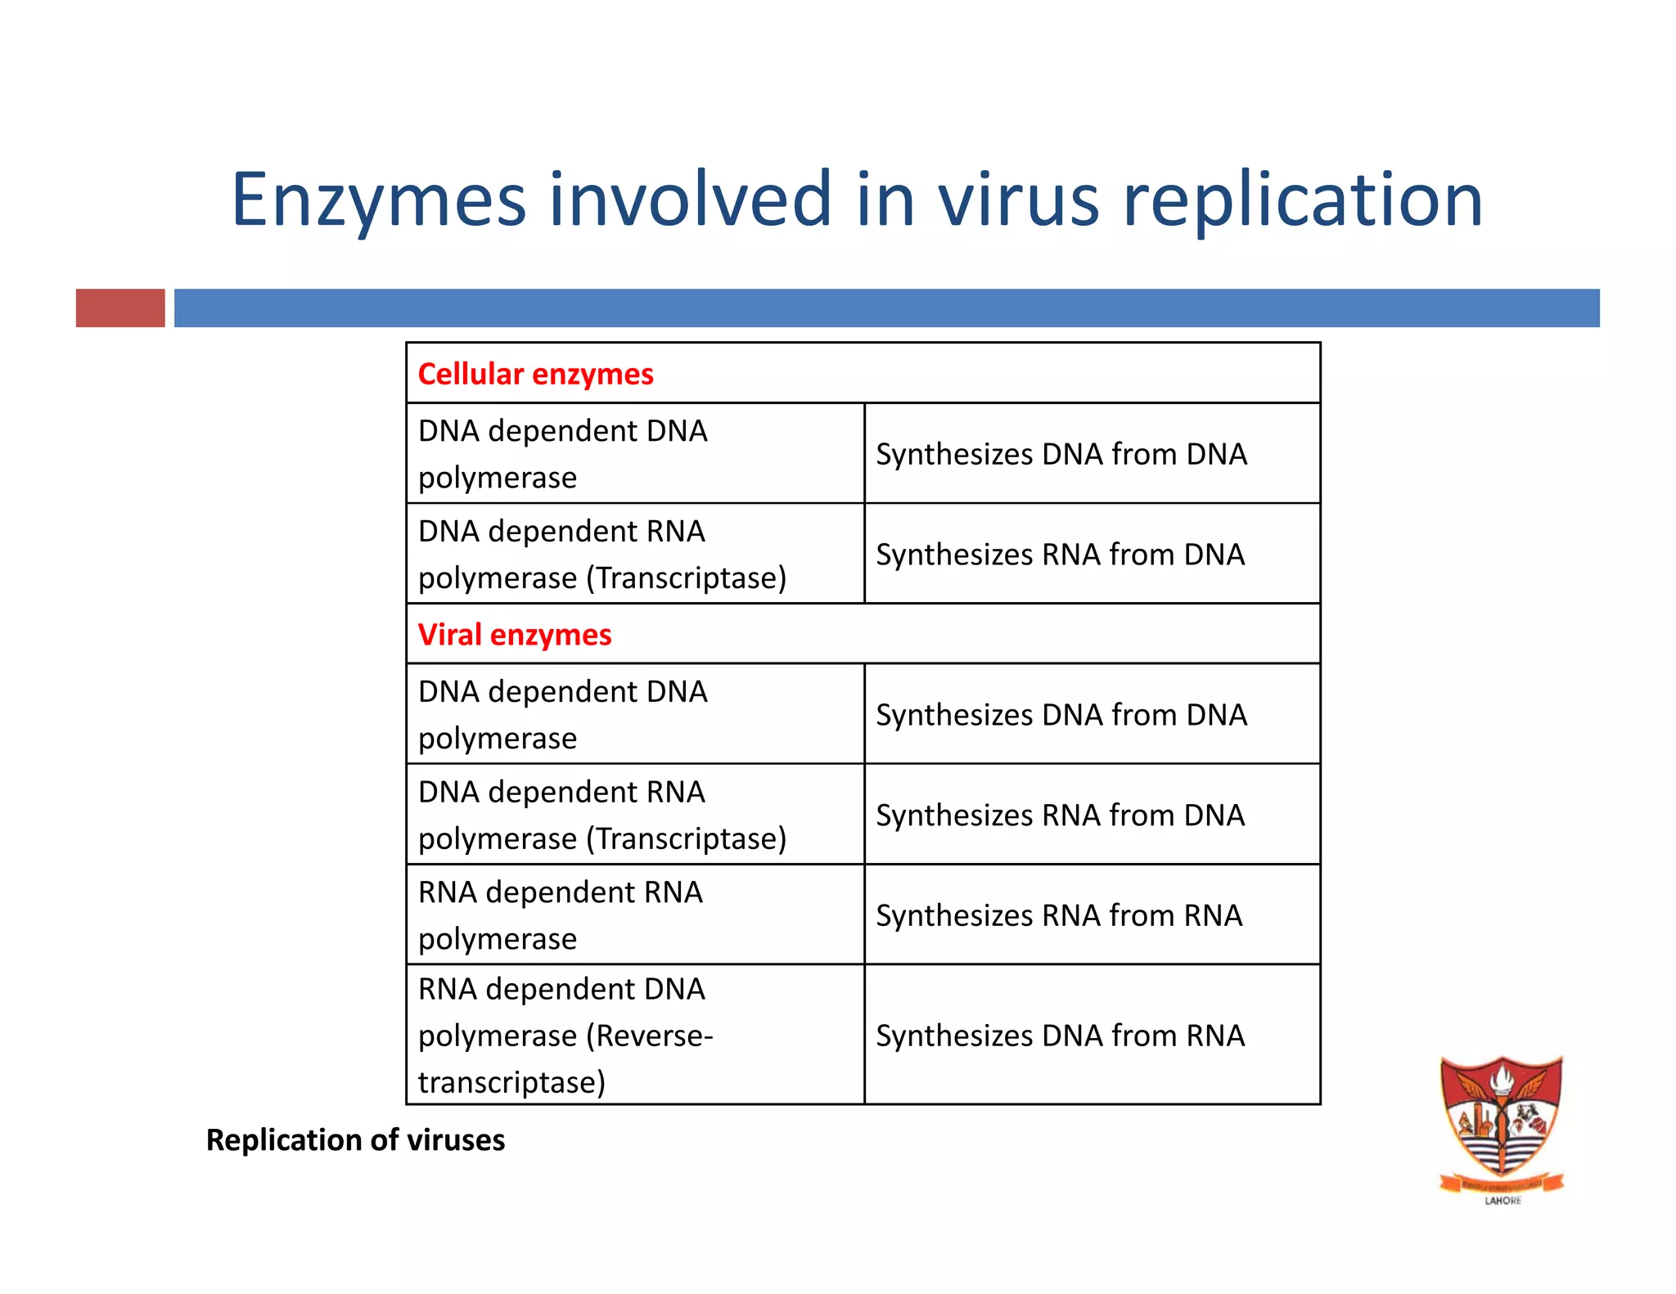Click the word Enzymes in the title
coord(378,200)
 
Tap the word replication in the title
coord(1303,200)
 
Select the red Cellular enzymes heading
coord(535,374)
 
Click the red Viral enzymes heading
coord(514,635)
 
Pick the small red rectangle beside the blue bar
coord(120,308)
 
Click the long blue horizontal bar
coord(886,308)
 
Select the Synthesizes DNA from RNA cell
coord(1060,1036)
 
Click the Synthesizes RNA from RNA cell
coord(1059,915)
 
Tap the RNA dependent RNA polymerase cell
coord(561,915)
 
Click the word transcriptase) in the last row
coord(511,1083)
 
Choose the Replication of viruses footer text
coord(355,1140)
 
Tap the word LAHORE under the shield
coord(1503,1201)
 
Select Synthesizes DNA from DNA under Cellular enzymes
coord(1061,454)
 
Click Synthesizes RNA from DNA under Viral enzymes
coord(1060,815)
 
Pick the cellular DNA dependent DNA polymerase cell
coord(563,454)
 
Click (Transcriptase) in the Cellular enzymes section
coord(686,578)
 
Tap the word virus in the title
coord(1018,200)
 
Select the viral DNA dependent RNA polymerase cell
coord(601,815)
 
